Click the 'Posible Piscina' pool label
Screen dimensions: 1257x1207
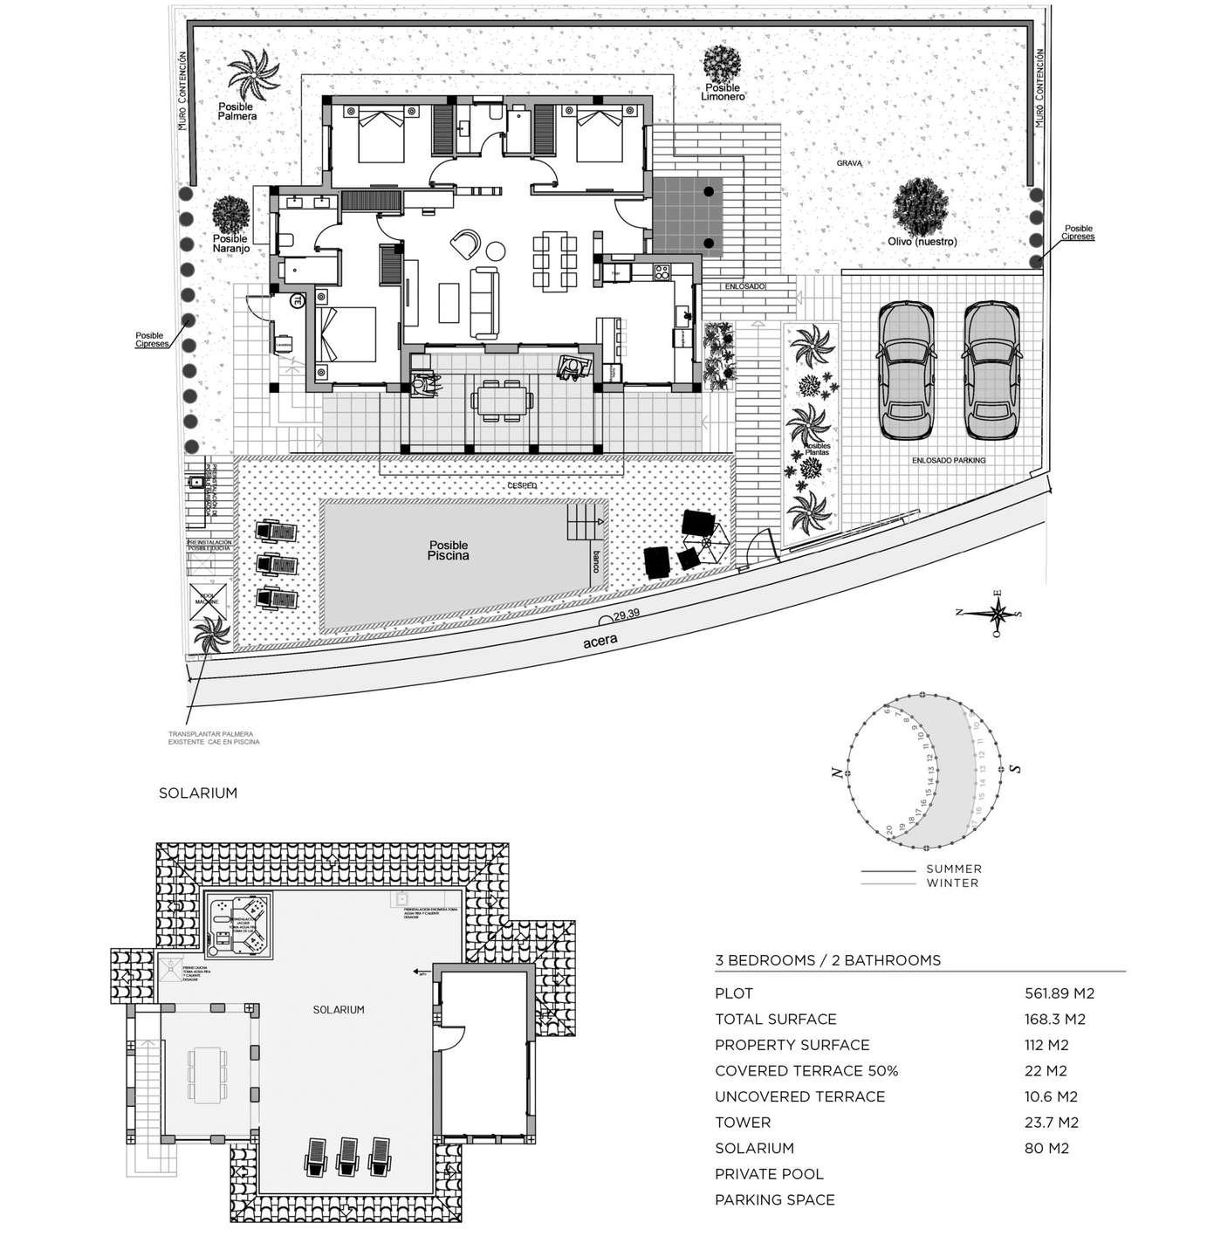449,550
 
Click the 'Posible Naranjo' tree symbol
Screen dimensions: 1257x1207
231,213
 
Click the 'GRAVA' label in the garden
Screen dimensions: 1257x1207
849,163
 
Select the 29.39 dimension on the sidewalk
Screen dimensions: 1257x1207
626,615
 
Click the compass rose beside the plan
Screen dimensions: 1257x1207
999,612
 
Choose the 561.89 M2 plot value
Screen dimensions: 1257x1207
1059,993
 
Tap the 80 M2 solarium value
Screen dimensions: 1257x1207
1046,1149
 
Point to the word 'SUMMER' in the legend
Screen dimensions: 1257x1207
954,869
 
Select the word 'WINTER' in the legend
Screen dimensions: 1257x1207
952,883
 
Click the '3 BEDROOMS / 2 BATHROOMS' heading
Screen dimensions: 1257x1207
827,960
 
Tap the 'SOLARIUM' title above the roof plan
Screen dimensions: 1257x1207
198,793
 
